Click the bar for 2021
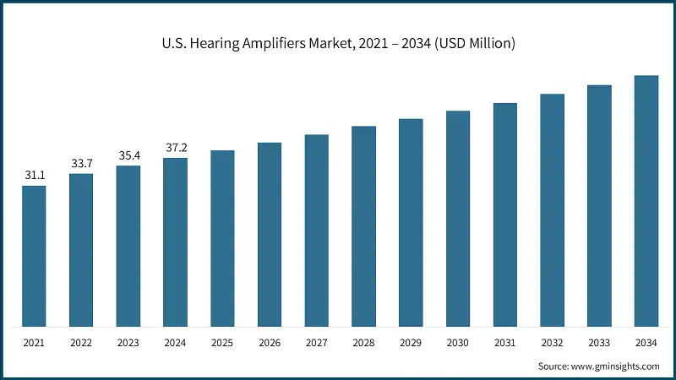tap(34, 256)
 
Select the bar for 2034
tap(646, 201)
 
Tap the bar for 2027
tap(317, 231)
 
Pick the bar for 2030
tap(458, 219)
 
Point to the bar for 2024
tap(175, 242)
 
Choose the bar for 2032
tap(552, 210)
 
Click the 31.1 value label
tap(34, 175)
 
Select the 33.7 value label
tap(81, 163)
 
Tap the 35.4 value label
tap(128, 155)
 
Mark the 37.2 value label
tap(176, 148)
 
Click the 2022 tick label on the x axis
tap(81, 344)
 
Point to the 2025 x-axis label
tap(222, 344)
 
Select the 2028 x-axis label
tap(363, 344)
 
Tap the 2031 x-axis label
tap(505, 344)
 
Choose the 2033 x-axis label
tap(599, 344)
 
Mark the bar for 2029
tap(411, 223)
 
